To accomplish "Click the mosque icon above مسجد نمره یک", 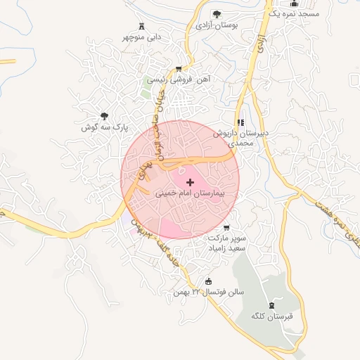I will click(292, 3).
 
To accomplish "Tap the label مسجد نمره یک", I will click(298, 14).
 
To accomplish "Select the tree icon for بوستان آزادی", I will click(217, 14).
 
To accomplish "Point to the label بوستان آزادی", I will click(217, 25).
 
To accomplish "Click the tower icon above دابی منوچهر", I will click(143, 24).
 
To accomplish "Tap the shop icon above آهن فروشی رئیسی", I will click(179, 69).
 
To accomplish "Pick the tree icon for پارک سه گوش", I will click(105, 116).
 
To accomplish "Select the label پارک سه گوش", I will click(98, 127).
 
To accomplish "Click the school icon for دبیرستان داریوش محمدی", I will click(241, 122).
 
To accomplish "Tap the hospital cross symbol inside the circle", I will click(190, 181).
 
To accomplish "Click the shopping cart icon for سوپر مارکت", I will click(226, 227).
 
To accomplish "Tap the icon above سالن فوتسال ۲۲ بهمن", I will click(208, 282).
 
